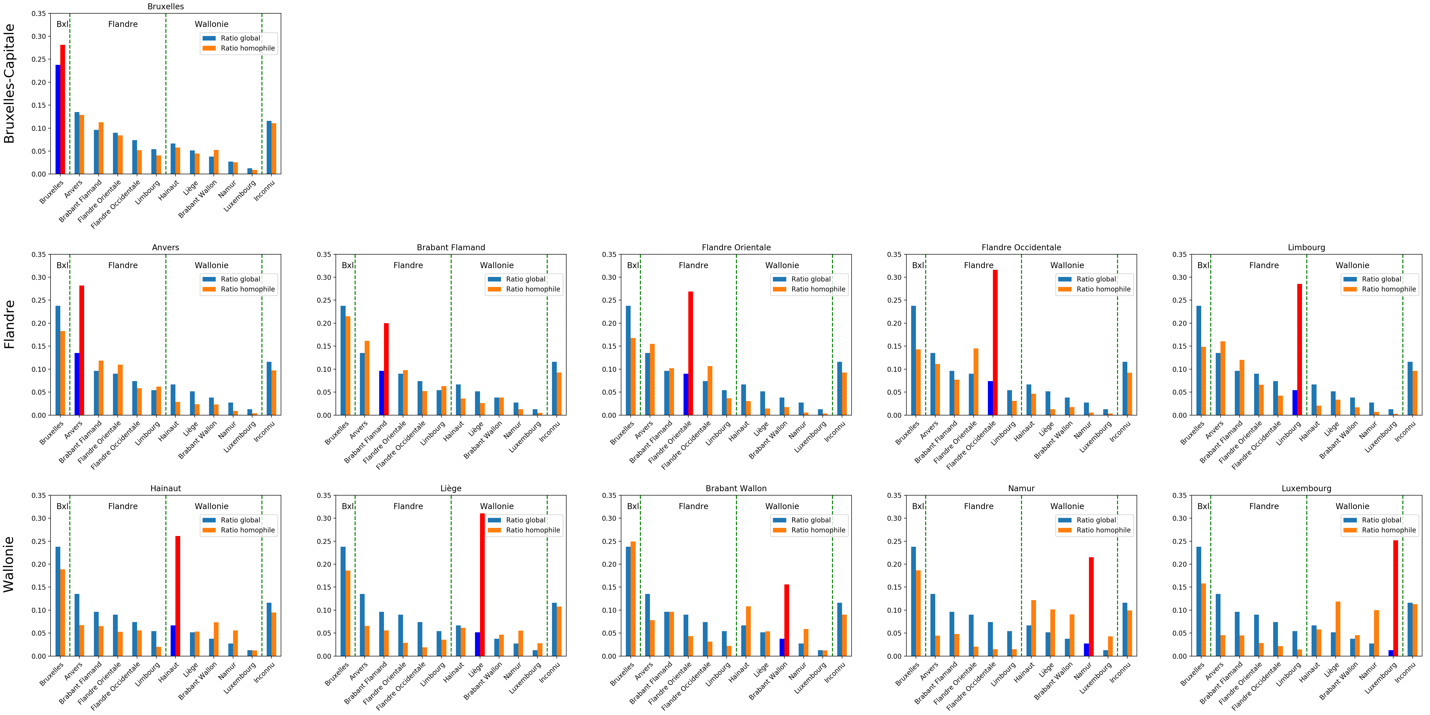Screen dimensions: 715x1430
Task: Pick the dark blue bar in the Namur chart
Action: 1086,649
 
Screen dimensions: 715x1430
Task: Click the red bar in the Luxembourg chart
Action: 1396,598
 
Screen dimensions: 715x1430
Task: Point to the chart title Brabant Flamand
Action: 451,248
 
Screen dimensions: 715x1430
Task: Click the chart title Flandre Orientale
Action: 736,248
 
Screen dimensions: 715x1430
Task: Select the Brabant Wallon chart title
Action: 736,489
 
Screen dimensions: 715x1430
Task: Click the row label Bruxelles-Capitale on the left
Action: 10,83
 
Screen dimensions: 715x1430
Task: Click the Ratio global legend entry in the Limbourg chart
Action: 1381,279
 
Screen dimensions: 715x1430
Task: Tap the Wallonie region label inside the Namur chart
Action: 1067,506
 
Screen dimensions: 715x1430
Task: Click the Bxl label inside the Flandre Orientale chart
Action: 633,265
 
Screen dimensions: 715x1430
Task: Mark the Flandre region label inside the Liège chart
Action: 408,506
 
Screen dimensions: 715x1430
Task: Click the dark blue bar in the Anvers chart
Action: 77,384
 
